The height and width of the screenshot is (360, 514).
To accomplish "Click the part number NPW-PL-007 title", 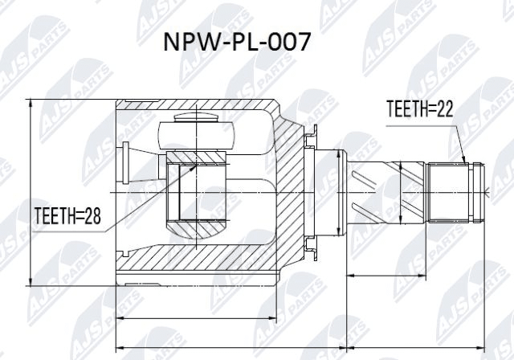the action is (x=236, y=43).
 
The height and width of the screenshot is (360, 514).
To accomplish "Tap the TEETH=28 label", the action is (x=68, y=215).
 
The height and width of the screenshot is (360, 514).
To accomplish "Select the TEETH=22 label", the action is (x=420, y=108).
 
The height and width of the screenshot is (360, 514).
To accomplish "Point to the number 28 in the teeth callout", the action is (x=92, y=215).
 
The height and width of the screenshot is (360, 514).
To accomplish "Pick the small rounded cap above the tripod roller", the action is (x=196, y=117).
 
